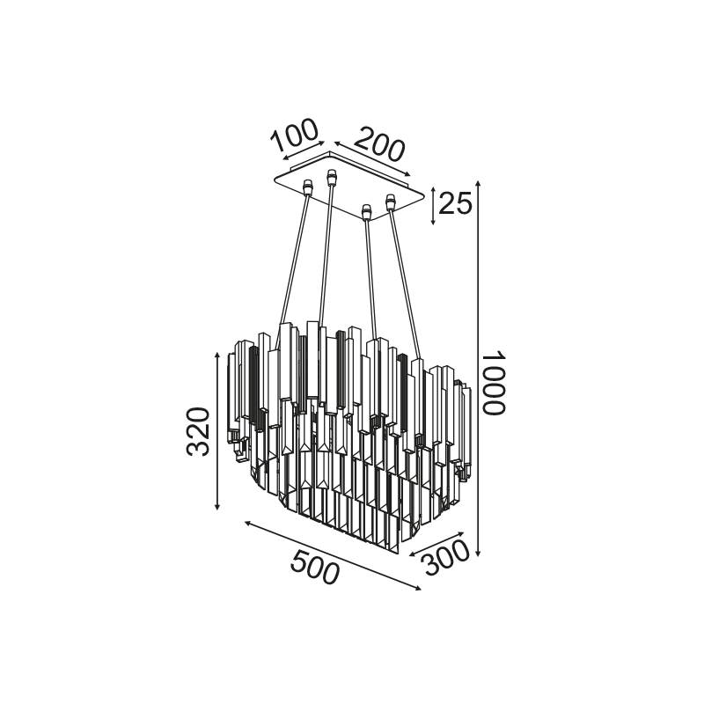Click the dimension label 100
295,135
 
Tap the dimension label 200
380,143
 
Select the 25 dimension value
455,203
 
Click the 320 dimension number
198,431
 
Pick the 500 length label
314,568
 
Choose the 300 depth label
446,557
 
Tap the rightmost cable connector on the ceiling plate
390,202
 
